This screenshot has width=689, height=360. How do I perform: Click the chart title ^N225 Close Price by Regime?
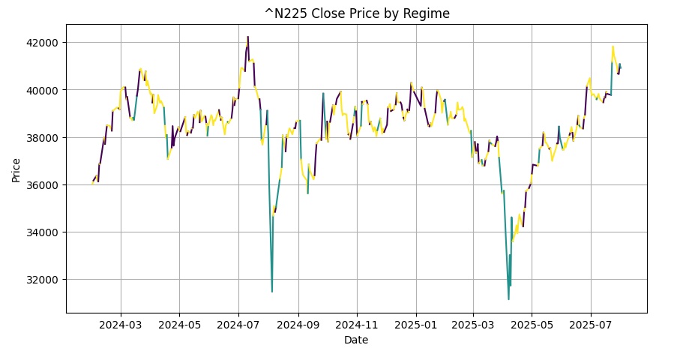(357, 13)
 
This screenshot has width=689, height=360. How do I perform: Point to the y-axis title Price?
(16, 170)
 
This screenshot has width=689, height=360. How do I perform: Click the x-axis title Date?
(356, 340)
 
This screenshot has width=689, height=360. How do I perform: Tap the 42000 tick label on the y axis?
(43, 43)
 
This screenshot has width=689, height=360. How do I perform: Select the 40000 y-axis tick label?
(43, 90)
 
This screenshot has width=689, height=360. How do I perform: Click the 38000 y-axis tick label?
(43, 137)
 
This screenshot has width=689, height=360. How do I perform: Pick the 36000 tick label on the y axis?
(43, 185)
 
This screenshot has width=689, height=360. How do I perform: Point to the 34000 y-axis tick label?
(43, 232)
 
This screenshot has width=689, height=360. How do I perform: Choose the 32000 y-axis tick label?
(43, 280)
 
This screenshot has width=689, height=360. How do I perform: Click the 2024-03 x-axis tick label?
(121, 325)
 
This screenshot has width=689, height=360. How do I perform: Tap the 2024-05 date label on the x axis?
(179, 325)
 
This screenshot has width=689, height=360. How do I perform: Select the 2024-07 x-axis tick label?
(238, 325)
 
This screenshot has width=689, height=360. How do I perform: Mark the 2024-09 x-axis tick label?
(298, 325)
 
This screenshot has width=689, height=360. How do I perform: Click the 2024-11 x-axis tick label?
(357, 325)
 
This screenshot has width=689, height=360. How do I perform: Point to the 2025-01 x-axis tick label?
(415, 325)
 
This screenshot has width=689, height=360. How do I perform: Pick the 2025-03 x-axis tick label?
(473, 325)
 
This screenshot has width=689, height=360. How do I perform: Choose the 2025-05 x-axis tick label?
(532, 325)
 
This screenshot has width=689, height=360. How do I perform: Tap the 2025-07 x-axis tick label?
(590, 325)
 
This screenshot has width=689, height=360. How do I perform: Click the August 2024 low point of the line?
(272, 292)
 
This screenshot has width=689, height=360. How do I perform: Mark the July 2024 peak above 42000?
(248, 37)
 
